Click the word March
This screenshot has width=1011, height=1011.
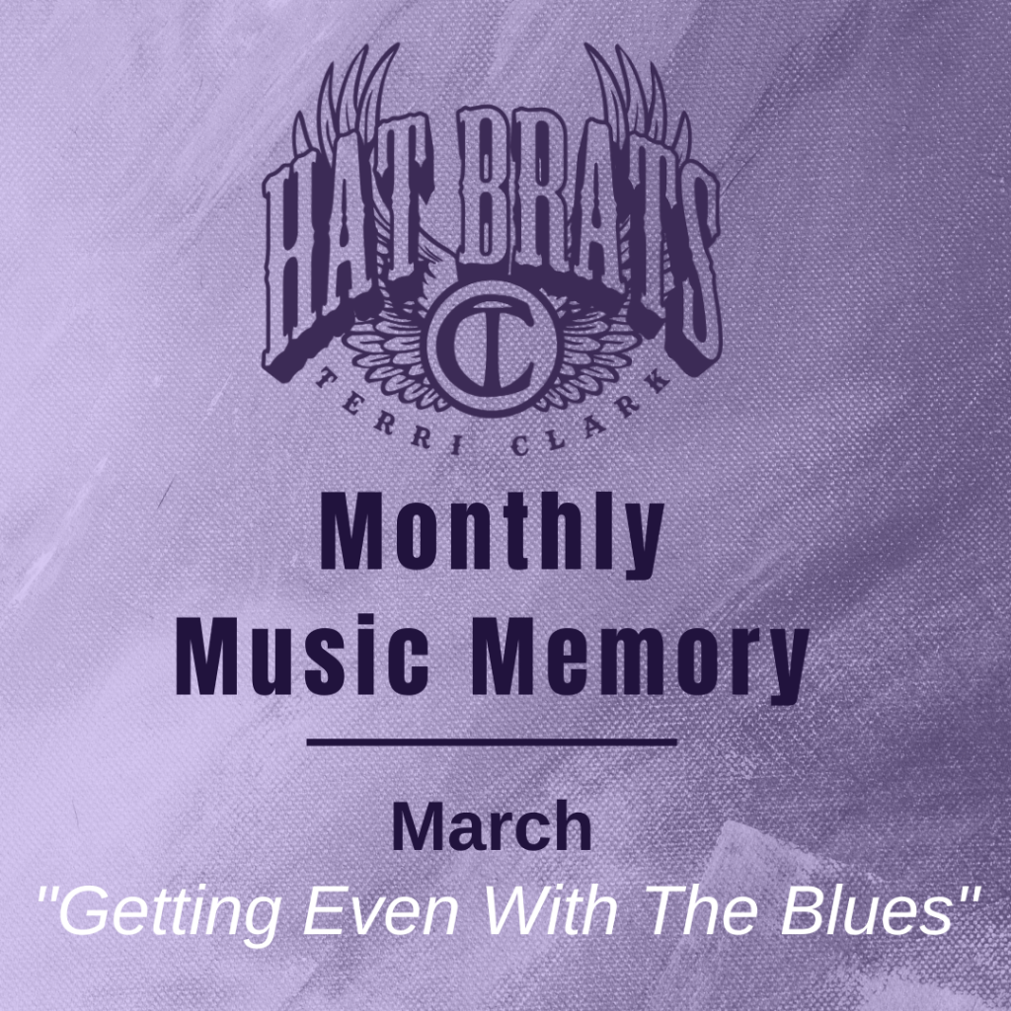(492, 826)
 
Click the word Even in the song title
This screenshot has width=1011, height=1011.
(381, 910)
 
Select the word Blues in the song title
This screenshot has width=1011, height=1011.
(867, 909)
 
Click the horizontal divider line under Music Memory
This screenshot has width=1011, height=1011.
(492, 742)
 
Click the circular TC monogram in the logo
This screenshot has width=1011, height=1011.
(492, 348)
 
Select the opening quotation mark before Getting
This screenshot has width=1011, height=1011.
(47, 895)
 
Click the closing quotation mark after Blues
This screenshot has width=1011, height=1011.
(967, 895)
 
